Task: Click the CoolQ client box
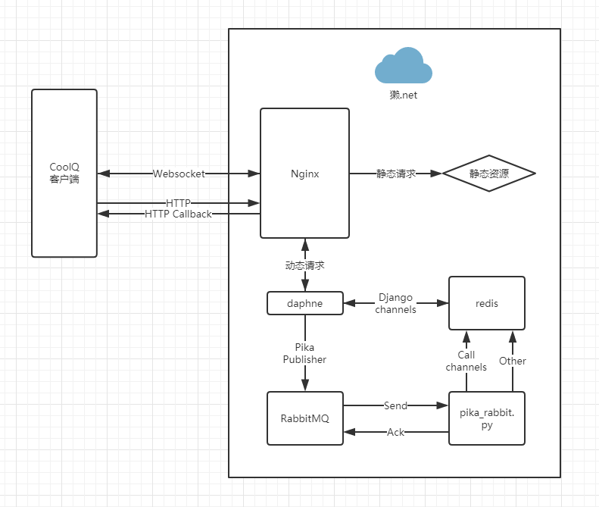pos(64,173)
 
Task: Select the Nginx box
pos(304,174)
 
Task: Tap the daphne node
pos(305,303)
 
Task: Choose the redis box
pos(487,303)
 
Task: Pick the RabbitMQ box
pos(305,418)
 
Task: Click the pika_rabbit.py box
pos(487,418)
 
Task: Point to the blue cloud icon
pos(404,66)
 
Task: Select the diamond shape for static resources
pos(488,174)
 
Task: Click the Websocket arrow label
pos(179,174)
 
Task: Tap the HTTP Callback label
pos(178,214)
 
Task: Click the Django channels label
pos(395,303)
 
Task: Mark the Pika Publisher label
pos(304,353)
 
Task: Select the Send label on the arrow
pos(395,405)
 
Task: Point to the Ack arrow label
pos(395,432)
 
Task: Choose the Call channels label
pos(466,361)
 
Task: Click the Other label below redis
pos(512,361)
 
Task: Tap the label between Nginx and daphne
pos(304,265)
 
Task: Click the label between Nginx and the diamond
pos(396,174)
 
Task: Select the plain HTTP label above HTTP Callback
pos(178,203)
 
